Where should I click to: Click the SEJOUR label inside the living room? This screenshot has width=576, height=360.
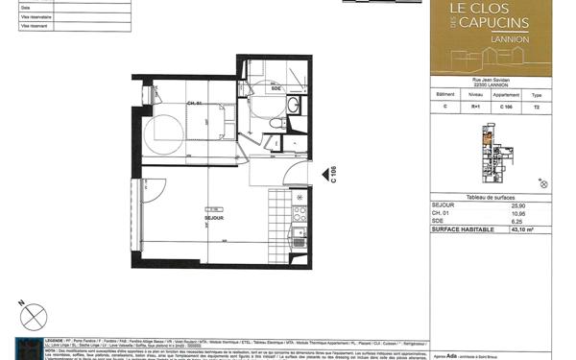pos(214,219)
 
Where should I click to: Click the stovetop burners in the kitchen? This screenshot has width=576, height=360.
pos(300,213)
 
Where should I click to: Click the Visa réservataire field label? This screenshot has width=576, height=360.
pos(37,17)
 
